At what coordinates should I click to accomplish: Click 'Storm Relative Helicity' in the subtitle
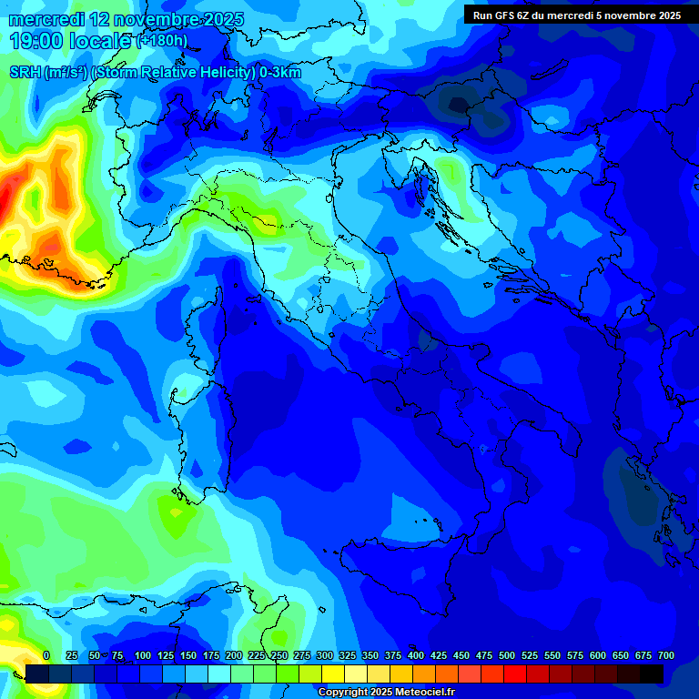(174, 73)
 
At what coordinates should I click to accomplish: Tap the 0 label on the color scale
(46, 655)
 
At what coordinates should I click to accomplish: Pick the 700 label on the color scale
(665, 655)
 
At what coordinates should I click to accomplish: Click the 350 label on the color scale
(370, 655)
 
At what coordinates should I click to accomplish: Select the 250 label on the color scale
(279, 655)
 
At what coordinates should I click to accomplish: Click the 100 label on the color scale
(143, 655)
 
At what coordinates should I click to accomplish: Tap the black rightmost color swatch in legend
(652, 674)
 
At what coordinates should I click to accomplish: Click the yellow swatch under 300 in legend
(333, 674)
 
